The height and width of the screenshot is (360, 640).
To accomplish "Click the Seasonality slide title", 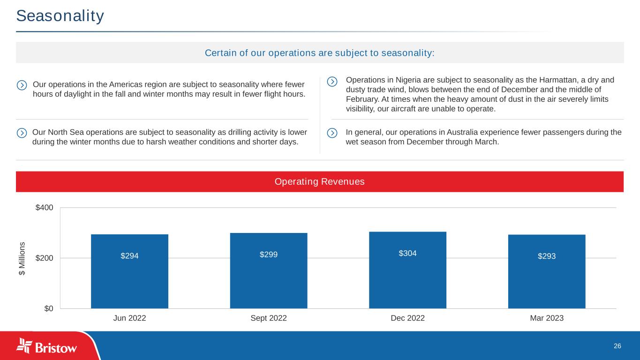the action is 60,16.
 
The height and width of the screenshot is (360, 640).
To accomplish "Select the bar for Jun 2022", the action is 129,271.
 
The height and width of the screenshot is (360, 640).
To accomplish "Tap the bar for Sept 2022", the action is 269,270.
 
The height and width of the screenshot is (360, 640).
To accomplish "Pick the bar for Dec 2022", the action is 408,270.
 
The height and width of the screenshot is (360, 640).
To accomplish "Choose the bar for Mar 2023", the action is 547,271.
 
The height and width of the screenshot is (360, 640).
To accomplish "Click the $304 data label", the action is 408,253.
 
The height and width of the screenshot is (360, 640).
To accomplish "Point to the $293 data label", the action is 547,256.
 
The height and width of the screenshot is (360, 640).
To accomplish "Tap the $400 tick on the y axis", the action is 44,208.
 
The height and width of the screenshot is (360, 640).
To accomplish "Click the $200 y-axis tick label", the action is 44,258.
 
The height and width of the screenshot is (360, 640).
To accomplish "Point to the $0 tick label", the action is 49,308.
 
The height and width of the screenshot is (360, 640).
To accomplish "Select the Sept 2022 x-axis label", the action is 269,318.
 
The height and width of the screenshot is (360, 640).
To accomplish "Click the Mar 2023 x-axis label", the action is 547,318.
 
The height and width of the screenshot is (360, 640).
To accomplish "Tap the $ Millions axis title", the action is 22,259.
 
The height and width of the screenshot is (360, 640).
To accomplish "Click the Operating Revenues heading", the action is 319,182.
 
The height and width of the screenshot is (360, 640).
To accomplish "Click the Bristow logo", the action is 46,346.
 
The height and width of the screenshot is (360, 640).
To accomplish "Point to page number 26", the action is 617,346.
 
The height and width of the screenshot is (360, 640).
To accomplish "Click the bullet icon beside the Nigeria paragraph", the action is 332,82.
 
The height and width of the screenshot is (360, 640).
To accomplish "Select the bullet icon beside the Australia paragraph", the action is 332,133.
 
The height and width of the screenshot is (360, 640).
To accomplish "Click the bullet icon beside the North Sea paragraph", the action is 22,133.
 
